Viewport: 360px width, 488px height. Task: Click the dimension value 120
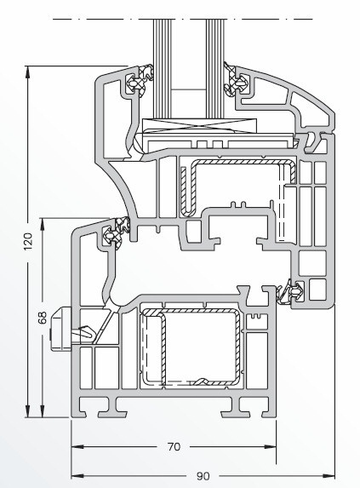tap(28, 241)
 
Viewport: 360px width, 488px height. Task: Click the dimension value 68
tap(43, 318)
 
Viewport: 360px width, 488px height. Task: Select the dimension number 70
tap(174, 447)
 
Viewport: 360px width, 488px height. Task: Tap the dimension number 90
tap(203, 476)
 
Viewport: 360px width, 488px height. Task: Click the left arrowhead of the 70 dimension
tap(77, 447)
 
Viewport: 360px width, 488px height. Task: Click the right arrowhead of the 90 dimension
tap(329, 476)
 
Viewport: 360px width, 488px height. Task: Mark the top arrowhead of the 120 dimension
tap(28, 72)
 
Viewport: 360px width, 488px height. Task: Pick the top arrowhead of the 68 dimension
tap(43, 224)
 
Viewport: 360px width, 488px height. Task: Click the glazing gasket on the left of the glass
tap(140, 78)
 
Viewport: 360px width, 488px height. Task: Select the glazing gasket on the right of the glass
tap(235, 80)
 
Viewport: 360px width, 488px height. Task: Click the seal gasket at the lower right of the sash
tap(292, 293)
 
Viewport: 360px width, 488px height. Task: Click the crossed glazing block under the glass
tap(199, 125)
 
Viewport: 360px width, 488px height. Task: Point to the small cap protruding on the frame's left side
tap(61, 329)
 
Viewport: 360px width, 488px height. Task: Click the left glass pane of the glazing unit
tap(162, 68)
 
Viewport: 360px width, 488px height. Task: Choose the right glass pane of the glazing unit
tap(214, 68)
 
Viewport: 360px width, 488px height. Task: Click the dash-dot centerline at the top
tap(182, 19)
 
